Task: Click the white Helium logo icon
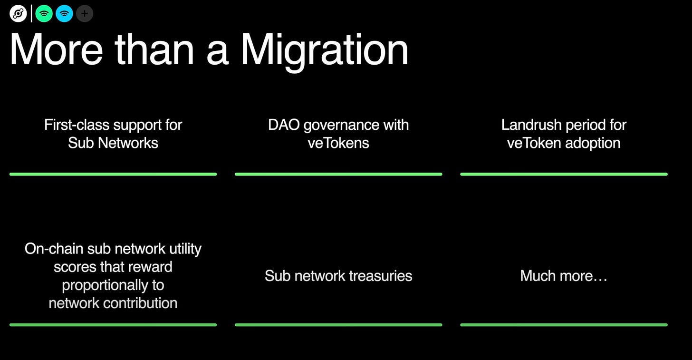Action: click(x=18, y=14)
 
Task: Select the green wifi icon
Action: click(x=44, y=14)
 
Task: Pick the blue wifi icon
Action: click(x=64, y=14)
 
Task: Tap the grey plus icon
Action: click(x=85, y=14)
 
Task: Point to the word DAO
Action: click(x=284, y=125)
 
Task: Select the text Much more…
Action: click(x=564, y=276)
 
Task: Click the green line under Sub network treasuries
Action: click(x=338, y=325)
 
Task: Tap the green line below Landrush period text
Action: click(x=564, y=174)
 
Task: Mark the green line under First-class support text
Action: click(x=113, y=174)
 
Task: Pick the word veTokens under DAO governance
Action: click(x=338, y=143)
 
